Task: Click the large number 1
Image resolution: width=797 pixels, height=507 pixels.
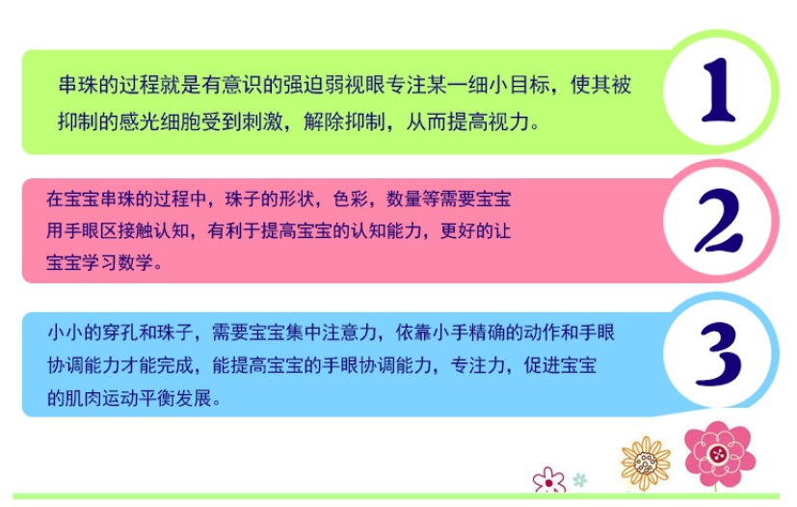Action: click(718, 90)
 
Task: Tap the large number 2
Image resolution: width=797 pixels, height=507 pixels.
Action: click(718, 221)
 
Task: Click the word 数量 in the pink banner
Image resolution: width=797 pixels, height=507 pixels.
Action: click(404, 199)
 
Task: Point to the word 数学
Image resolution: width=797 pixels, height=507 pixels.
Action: click(135, 263)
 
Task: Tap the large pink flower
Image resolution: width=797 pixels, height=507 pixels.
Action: click(719, 454)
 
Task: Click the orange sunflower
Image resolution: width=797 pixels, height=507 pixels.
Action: click(646, 463)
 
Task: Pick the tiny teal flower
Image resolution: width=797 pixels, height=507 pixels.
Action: click(579, 480)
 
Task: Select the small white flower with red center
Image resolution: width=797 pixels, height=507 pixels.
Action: click(549, 481)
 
